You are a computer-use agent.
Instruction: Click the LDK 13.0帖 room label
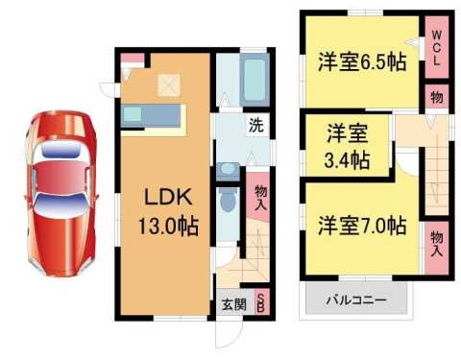tap(170, 211)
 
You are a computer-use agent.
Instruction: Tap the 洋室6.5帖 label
tap(362, 62)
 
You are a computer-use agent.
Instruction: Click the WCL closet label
tap(435, 47)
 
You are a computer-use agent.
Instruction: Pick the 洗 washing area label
tap(255, 124)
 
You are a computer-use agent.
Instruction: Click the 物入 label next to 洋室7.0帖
tap(436, 243)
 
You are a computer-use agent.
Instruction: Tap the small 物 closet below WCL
tap(436, 97)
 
